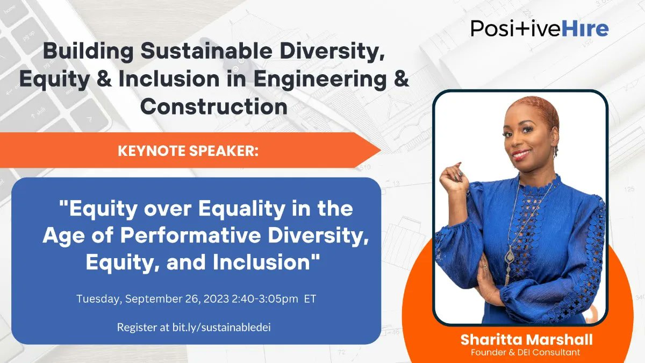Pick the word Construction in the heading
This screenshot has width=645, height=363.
213,106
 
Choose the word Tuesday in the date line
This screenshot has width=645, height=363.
98,298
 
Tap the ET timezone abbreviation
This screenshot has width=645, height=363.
310,298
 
